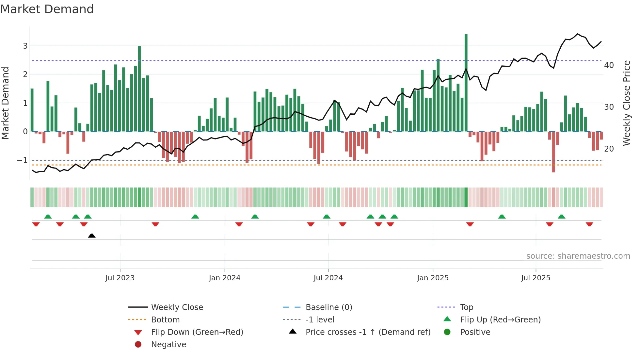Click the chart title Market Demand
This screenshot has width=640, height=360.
47,9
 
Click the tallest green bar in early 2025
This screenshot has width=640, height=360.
466,82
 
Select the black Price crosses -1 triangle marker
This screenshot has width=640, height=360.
92,236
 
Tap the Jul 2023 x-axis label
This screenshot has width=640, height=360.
120,278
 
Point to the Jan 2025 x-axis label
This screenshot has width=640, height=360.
433,278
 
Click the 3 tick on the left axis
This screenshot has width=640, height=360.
25,46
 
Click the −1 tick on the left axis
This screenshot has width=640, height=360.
22,160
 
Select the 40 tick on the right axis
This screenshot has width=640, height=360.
609,65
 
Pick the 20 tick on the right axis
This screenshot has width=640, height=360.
609,149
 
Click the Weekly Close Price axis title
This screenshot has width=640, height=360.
626,103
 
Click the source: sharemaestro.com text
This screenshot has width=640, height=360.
578,256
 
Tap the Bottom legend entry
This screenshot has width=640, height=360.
165,319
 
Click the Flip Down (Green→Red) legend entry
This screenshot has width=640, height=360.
197,332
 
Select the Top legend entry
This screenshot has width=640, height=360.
467,307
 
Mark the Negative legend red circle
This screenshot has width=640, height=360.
138,344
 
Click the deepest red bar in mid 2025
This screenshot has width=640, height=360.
553,152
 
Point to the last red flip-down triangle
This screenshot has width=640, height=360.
589,224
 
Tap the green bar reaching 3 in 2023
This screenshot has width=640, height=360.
139,88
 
